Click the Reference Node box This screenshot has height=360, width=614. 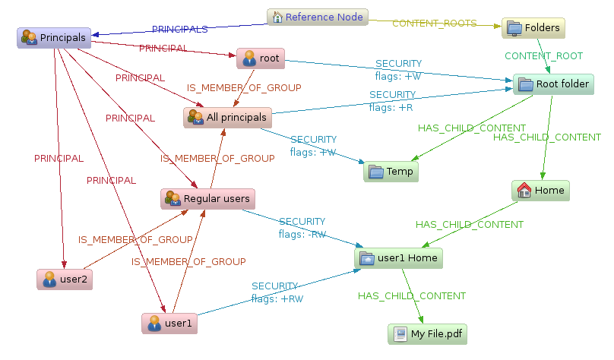tap(317, 17)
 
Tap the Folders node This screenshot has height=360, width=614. tap(533, 28)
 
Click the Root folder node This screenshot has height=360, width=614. tap(552, 84)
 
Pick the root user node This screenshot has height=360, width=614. tap(261, 58)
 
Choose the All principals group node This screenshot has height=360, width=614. tap(228, 118)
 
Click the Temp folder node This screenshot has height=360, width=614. tap(391, 172)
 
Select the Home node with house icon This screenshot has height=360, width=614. tap(540, 191)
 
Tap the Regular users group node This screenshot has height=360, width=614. tap(207, 199)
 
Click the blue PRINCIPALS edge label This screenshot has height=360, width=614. tap(180, 30)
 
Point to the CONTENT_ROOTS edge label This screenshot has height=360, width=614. tap(434, 24)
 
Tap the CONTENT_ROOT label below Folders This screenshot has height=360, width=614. tap(543, 56)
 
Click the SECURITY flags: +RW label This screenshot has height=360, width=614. tap(277, 292)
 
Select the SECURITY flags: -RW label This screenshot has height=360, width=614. tap(302, 228)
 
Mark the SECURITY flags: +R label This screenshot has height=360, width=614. tap(392, 101)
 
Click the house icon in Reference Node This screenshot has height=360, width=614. tap(277, 17)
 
